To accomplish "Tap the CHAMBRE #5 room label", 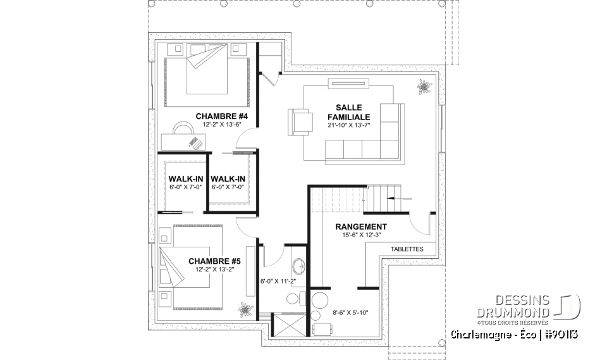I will click(214, 260).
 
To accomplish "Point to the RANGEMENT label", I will click(360, 227).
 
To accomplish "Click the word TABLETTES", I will click(407, 249).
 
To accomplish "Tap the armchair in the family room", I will click(300, 121).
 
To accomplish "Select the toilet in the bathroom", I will click(294, 299).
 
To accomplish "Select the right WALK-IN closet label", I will click(228, 179).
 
